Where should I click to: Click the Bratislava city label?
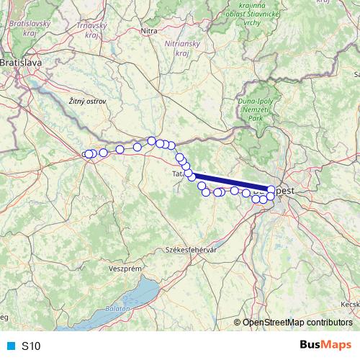tap(21, 63)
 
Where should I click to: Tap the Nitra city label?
tap(149, 31)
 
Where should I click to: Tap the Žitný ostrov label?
tap(87, 102)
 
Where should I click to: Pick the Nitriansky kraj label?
tap(177, 49)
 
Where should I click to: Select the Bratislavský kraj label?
tap(24, 28)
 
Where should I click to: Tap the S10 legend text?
tap(31, 346)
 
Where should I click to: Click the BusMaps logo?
tap(326, 345)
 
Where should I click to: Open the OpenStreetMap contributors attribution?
tap(297, 323)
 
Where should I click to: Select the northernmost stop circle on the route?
tap(151, 141)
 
